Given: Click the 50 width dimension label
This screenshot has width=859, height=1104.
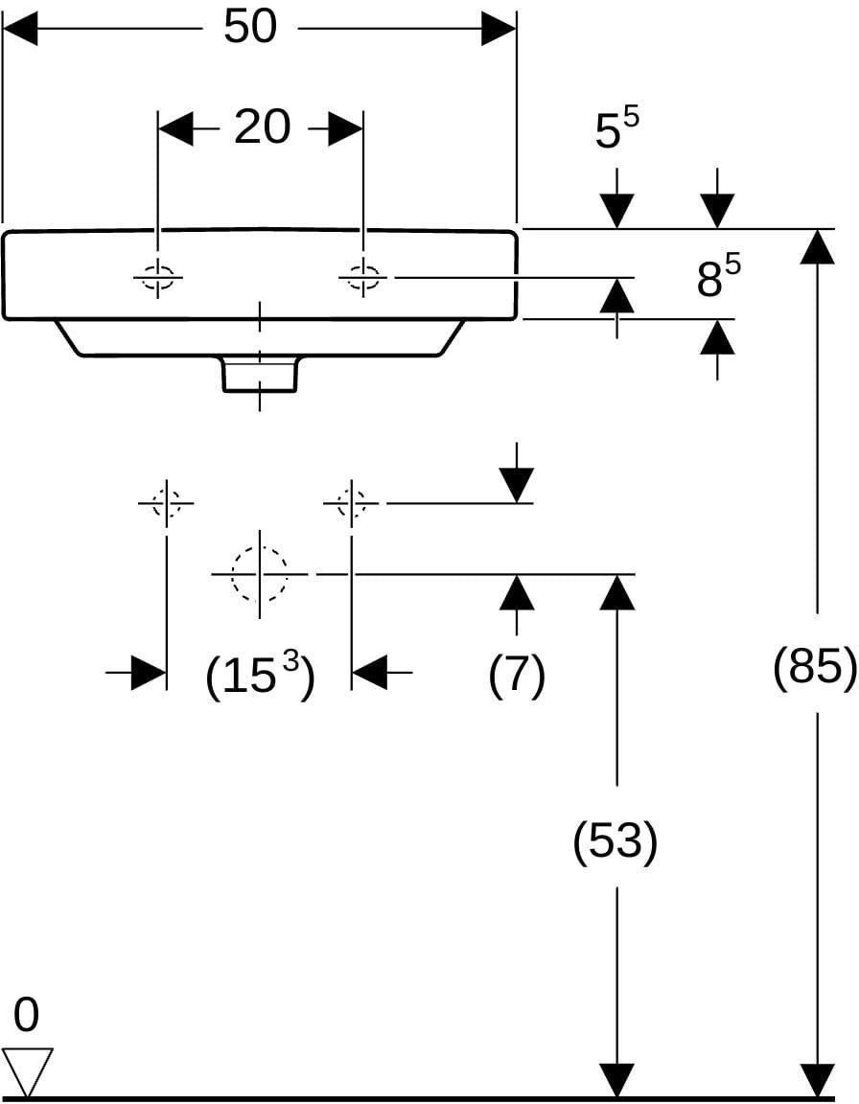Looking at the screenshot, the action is [x=250, y=28].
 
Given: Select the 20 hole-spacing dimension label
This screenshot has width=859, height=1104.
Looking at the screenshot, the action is [x=262, y=127].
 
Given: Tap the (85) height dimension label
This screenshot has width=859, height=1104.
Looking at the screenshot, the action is [x=815, y=665].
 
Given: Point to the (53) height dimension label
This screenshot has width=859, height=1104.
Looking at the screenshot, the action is [x=615, y=840].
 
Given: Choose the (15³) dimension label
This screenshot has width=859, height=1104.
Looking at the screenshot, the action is [x=260, y=675].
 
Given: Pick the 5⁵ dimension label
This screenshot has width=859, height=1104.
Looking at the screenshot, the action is [x=616, y=127].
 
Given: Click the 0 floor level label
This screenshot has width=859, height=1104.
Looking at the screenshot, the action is [x=26, y=1016].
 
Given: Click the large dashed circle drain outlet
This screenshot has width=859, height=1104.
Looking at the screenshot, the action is [x=259, y=575].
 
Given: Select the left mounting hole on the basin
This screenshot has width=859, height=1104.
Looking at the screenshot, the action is [x=158, y=277].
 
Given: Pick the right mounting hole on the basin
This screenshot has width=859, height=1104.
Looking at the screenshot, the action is [x=363, y=277].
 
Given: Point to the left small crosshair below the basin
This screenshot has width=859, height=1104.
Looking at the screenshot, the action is [x=166, y=503].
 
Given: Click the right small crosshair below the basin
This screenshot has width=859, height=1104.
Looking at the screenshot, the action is [x=351, y=503].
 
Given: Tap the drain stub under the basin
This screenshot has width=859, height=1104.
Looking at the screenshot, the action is [x=260, y=373].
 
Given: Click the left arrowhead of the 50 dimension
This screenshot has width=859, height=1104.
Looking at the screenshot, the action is [x=20, y=29].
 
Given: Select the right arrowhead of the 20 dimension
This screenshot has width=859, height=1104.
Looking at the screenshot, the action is [x=346, y=128].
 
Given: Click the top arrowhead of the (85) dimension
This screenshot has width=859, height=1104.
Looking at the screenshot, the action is [x=817, y=246].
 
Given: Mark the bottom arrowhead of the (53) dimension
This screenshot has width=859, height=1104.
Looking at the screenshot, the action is [x=617, y=1080].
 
